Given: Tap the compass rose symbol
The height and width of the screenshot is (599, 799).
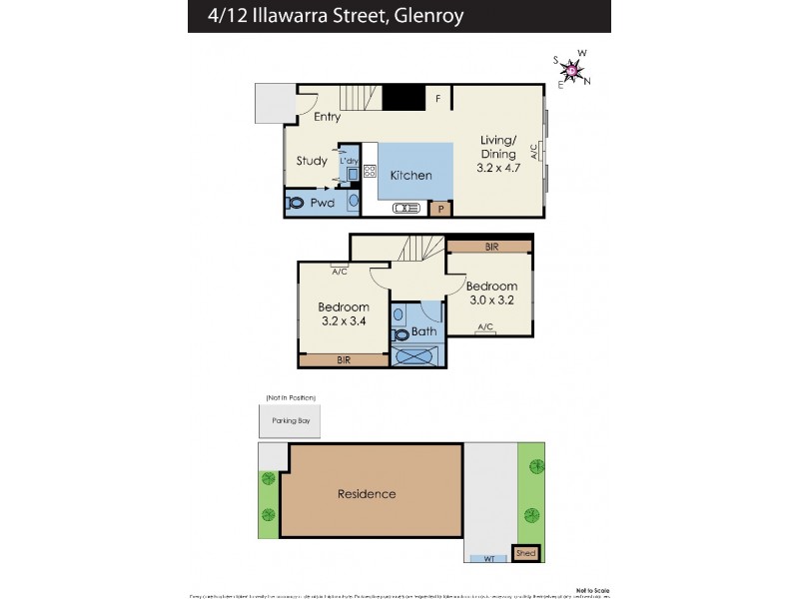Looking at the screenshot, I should click(x=572, y=69).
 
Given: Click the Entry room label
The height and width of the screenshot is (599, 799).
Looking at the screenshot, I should click(x=327, y=117).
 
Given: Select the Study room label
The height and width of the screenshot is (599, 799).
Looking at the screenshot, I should click(x=312, y=161).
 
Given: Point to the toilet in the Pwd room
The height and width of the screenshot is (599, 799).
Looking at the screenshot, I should click(x=296, y=203).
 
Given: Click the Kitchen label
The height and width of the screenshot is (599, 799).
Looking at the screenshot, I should click(x=410, y=175).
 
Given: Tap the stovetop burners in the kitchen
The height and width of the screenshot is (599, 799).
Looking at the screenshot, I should click(x=369, y=171).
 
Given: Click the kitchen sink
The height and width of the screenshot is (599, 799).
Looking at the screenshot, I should click(x=406, y=208).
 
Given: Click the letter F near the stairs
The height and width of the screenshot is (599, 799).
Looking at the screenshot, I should click(x=437, y=99).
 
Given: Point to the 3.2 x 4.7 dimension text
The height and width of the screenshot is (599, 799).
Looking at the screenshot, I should click(x=497, y=169).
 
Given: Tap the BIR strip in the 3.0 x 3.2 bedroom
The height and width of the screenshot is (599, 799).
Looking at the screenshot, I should click(x=489, y=246).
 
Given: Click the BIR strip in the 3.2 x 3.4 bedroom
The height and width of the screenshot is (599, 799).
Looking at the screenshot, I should click(x=343, y=358).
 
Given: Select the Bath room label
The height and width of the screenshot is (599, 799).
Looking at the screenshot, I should click(x=423, y=332).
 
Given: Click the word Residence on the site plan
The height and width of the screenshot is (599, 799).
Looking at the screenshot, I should click(x=366, y=493).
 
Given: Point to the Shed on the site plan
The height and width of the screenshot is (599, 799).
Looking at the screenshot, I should click(x=525, y=553).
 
